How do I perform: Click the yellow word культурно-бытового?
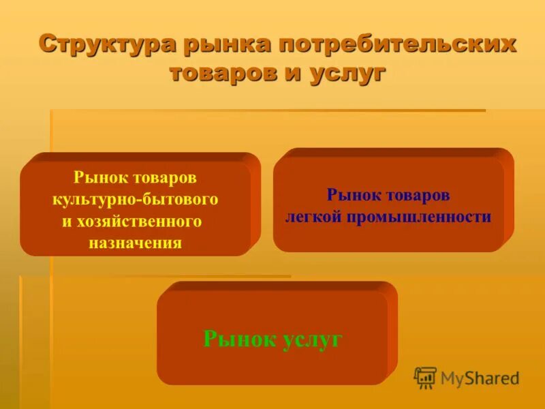tap(135, 199)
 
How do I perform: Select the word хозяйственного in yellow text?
tap(142, 222)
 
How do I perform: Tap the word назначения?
tap(135, 243)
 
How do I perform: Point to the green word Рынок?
tap(239, 339)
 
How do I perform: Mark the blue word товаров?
tap(418, 196)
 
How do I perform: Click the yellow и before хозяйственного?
tap(67, 222)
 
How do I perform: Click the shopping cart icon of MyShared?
tap(425, 378)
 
